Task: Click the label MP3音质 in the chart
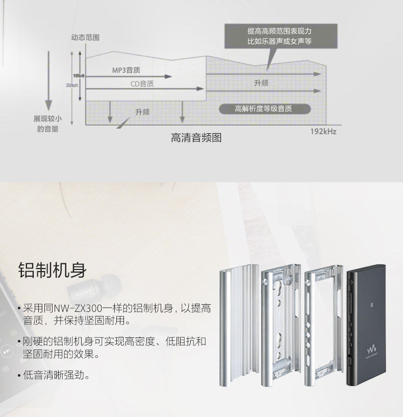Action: pos(127,70)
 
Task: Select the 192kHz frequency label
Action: pos(324,131)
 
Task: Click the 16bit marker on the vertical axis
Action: pos(78,76)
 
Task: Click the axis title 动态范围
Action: pos(85,38)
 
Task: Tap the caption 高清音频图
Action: pos(196,138)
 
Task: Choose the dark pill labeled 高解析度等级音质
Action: pos(263,109)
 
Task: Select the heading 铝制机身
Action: pos(53,269)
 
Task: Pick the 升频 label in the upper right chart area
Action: pos(261,83)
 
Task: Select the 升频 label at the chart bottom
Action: pos(142,112)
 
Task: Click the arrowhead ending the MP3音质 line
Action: pos(168,76)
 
